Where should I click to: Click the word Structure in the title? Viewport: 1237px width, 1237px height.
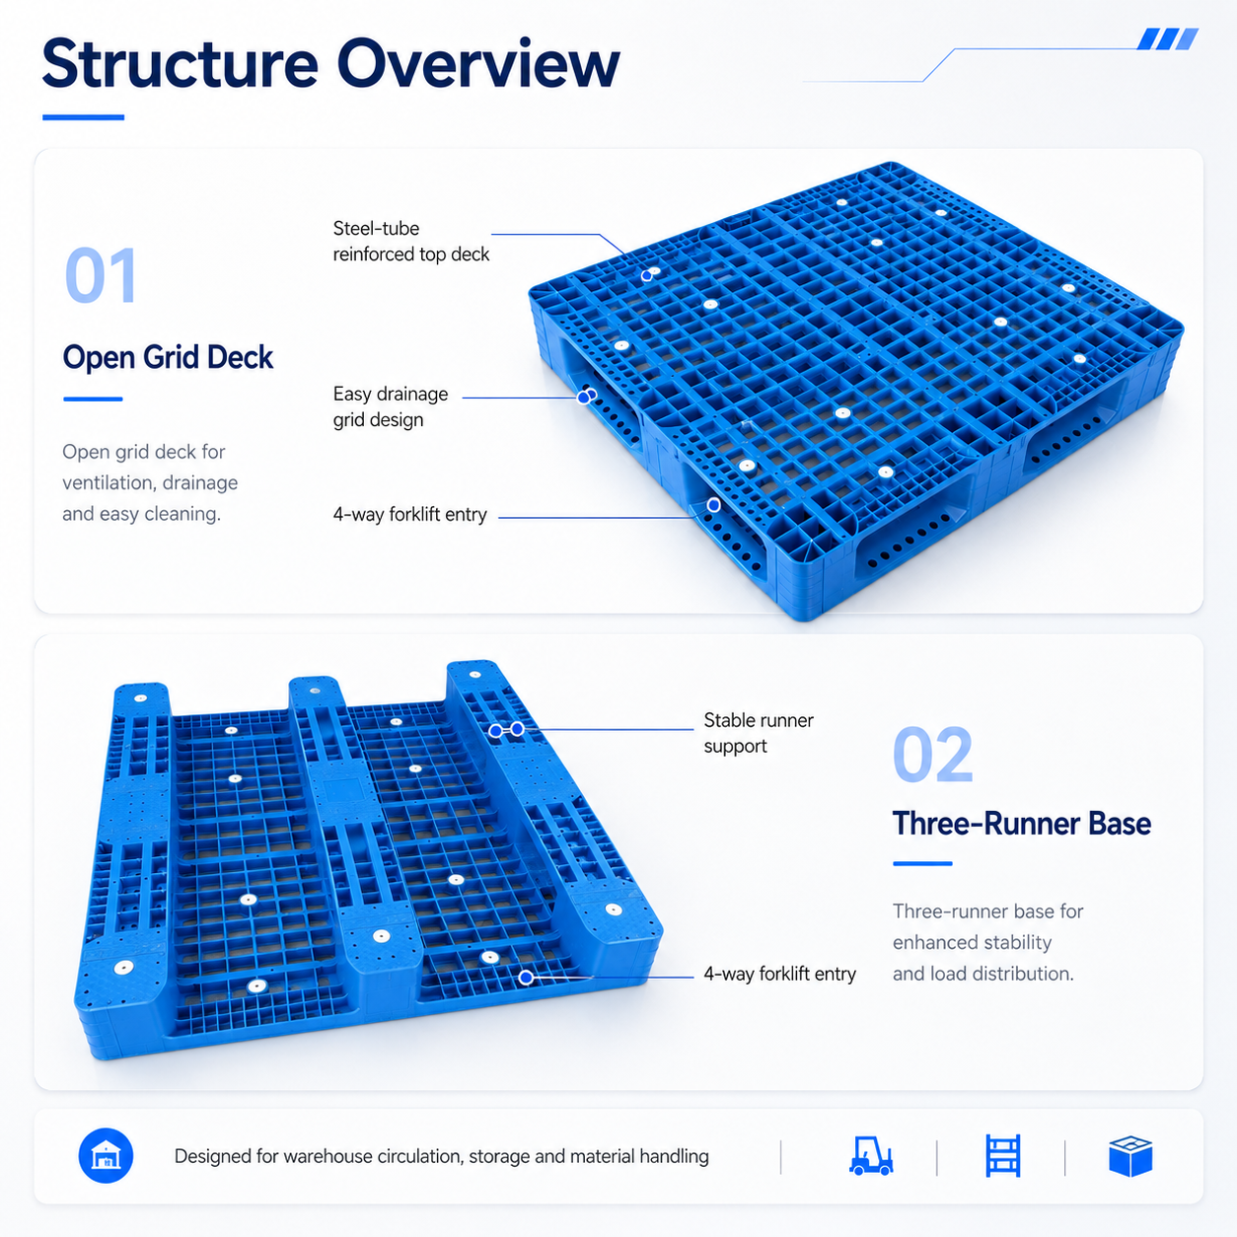(x=181, y=63)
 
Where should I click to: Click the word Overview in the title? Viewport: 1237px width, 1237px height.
(x=478, y=63)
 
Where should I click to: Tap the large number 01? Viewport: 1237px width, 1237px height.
(x=101, y=275)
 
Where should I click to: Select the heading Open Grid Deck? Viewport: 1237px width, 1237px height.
(x=168, y=357)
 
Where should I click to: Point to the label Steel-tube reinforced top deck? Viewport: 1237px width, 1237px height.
(x=410, y=242)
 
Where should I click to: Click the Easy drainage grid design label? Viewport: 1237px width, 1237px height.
(x=391, y=406)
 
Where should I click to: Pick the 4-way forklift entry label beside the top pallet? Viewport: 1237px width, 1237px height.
(x=409, y=514)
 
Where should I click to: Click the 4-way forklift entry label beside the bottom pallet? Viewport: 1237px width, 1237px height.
(x=780, y=974)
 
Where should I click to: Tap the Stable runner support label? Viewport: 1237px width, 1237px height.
(x=759, y=733)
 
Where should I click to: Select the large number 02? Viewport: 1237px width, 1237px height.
(x=933, y=755)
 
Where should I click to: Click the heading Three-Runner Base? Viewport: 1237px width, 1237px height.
(x=1021, y=824)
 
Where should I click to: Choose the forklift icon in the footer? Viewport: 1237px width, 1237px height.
(x=871, y=1156)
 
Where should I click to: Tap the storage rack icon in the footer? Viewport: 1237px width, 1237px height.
(x=1002, y=1156)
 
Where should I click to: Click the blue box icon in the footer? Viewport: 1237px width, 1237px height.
(x=1130, y=1156)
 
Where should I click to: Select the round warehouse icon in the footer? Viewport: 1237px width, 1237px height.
(x=106, y=1155)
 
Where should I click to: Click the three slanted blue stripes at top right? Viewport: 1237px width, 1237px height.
(x=1168, y=38)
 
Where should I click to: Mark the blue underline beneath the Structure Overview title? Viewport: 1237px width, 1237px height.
(x=84, y=117)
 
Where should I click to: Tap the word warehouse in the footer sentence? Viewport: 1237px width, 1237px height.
(x=328, y=1156)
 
